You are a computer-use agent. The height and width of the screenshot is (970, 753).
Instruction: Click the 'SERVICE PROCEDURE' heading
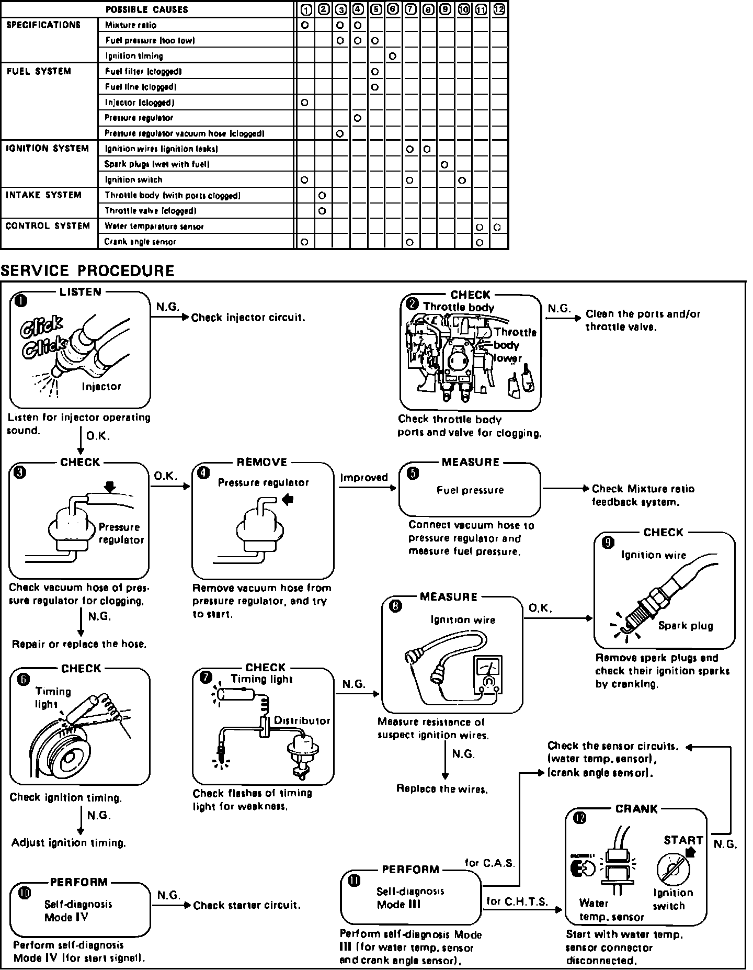click(x=87, y=270)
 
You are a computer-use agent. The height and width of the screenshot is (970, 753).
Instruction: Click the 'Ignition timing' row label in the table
click(x=134, y=56)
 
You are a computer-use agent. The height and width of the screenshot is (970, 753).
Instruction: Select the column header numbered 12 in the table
click(x=499, y=9)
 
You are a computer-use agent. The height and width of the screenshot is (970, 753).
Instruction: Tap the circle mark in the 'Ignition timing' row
click(x=392, y=56)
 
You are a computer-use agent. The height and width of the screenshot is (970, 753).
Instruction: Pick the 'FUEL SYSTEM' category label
click(x=39, y=71)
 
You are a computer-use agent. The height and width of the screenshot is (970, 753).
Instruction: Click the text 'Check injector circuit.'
click(x=248, y=318)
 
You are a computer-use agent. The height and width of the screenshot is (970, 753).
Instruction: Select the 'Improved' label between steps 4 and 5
click(x=364, y=477)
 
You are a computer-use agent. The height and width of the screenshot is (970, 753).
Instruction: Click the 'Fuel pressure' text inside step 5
click(x=470, y=490)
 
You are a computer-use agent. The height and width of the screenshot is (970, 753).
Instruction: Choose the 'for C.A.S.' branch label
click(x=489, y=863)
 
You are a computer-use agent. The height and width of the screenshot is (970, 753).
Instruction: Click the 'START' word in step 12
click(x=683, y=840)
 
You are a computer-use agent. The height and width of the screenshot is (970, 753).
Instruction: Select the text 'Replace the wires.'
click(x=442, y=789)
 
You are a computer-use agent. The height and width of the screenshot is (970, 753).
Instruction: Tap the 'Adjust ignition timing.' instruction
click(x=69, y=843)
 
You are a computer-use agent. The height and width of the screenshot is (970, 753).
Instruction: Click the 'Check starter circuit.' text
click(x=247, y=905)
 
